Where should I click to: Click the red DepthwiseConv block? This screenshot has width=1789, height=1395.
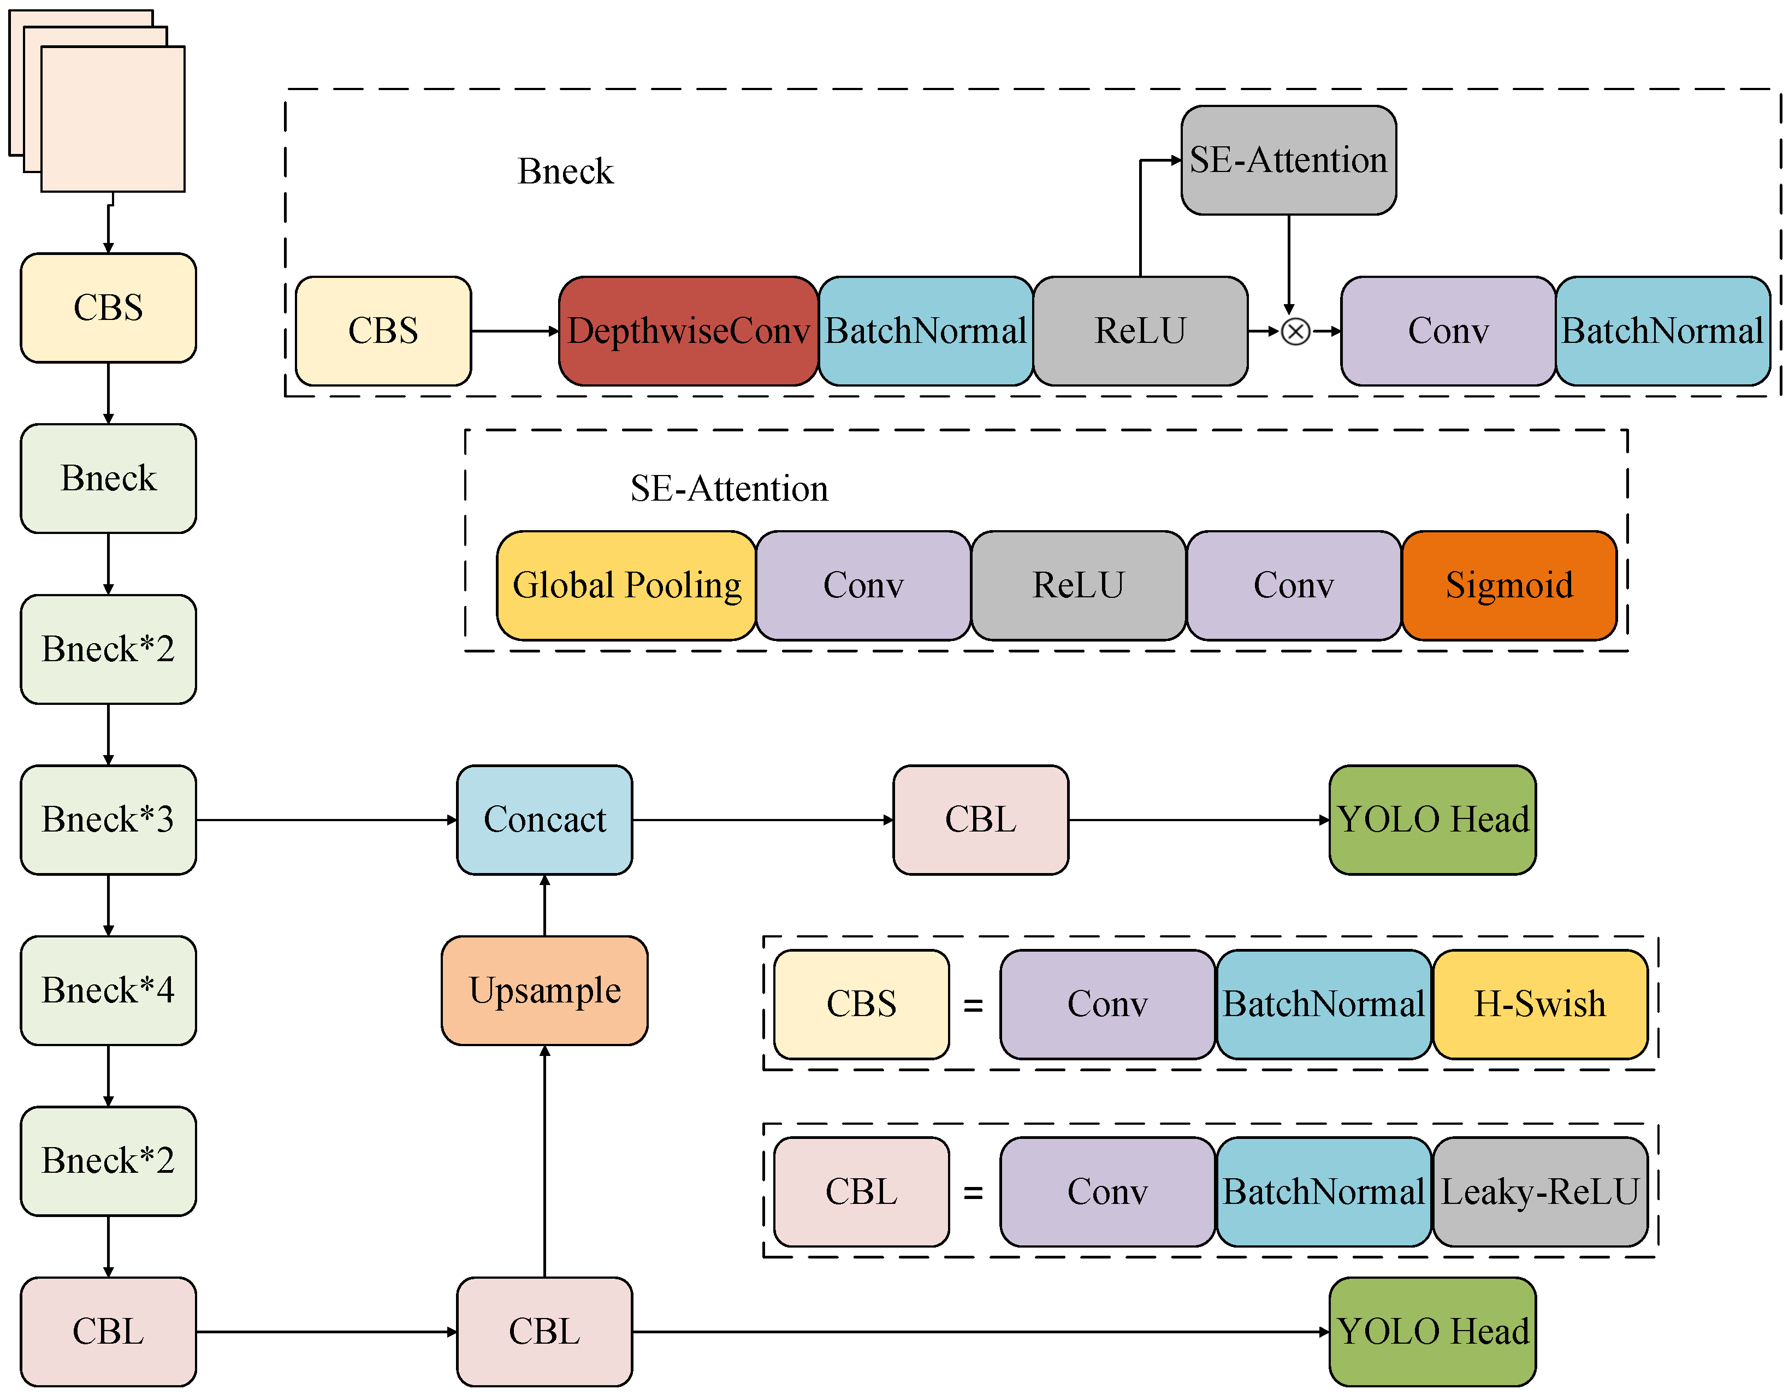(x=688, y=331)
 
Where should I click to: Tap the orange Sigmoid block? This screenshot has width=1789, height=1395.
(x=1509, y=585)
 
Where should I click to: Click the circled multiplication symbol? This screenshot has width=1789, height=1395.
(x=1295, y=332)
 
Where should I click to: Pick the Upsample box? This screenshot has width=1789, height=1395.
(x=545, y=990)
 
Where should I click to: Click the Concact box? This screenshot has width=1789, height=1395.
(x=545, y=819)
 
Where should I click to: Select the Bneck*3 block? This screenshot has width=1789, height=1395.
(x=108, y=819)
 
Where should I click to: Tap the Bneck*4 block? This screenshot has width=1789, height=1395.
(x=108, y=990)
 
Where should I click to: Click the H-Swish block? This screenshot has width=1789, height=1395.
(x=1540, y=1004)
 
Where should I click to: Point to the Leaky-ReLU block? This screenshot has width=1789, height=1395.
(x=1540, y=1192)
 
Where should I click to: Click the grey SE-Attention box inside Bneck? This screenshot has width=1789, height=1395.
(x=1289, y=160)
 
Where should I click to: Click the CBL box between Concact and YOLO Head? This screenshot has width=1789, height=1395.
(x=981, y=819)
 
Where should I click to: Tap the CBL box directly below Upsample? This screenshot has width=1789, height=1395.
(x=545, y=1331)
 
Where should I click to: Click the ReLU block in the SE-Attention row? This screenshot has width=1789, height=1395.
(x=1078, y=585)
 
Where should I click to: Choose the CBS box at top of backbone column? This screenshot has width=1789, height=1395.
(x=108, y=308)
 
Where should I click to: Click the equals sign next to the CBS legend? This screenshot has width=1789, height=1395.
(x=973, y=1005)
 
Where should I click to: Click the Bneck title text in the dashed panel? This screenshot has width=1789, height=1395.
(x=565, y=171)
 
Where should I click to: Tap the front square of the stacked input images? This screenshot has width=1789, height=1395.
(x=113, y=120)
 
